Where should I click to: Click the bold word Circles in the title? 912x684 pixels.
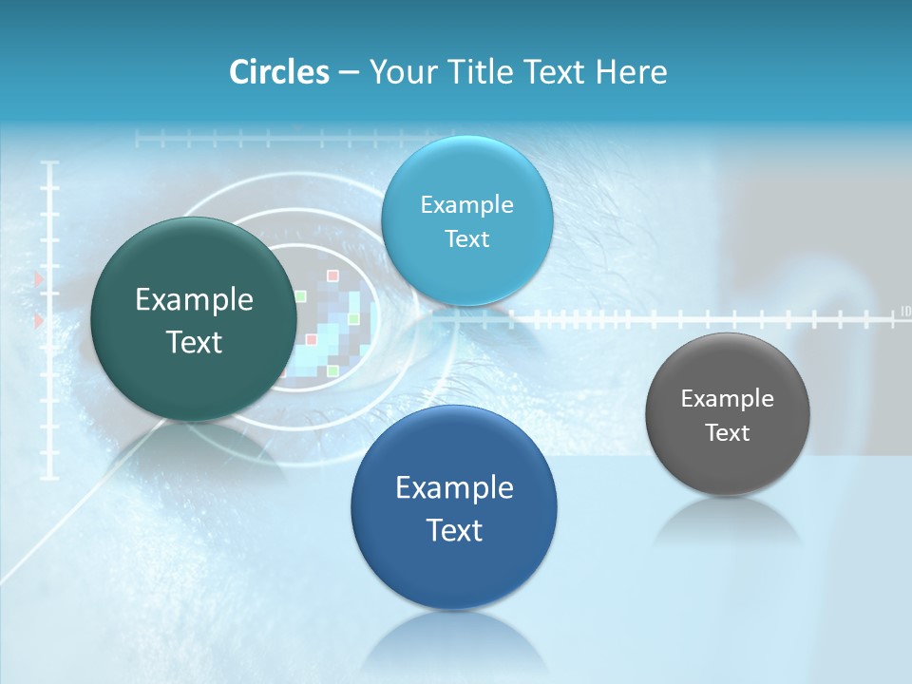(278, 72)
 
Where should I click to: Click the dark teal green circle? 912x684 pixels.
(193, 318)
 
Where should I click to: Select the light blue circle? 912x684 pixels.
(466, 221)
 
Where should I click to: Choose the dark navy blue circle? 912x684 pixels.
(454, 507)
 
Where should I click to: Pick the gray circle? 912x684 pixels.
(727, 414)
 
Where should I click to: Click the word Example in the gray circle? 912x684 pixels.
(727, 399)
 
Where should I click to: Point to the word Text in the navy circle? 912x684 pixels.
(454, 530)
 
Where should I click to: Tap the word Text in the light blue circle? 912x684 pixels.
(466, 239)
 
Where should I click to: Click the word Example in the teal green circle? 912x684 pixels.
(194, 300)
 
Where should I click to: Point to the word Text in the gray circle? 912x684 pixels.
(728, 433)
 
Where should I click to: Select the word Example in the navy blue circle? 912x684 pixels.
(454, 488)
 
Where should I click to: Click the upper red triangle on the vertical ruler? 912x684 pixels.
(39, 279)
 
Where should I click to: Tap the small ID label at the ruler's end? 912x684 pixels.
(904, 311)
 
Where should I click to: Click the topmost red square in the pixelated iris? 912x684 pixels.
(332, 275)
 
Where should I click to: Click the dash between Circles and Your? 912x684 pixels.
(349, 73)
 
